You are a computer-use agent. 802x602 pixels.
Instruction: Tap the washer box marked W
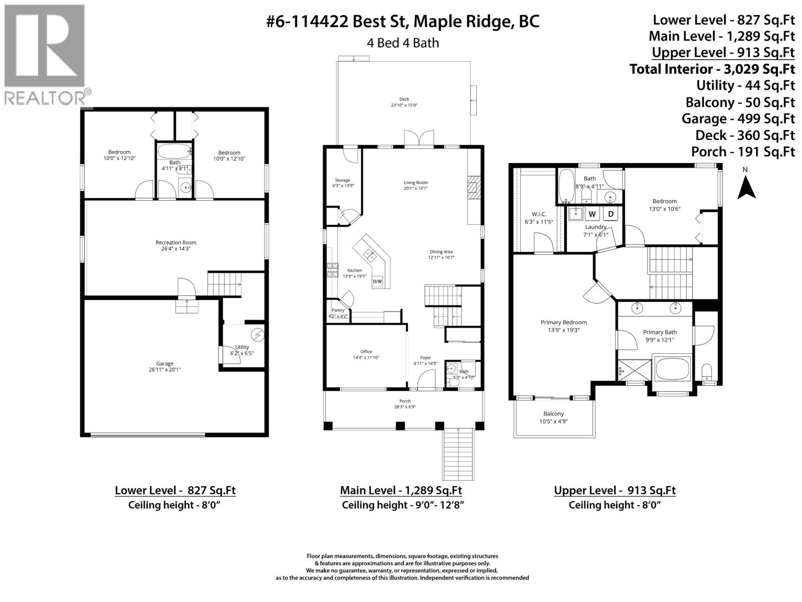point(592,214)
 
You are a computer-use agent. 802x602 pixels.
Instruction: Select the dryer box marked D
point(611,214)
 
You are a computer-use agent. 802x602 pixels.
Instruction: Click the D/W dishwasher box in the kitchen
point(377,281)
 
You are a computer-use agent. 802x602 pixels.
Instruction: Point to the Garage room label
point(164,364)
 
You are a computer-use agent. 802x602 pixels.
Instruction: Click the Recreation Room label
point(175,243)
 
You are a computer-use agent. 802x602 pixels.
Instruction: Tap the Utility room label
point(242,347)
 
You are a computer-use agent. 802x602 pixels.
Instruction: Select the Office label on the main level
point(366,352)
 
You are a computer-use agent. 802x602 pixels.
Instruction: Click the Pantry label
point(338,311)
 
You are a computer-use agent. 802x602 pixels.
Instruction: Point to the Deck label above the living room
point(404,99)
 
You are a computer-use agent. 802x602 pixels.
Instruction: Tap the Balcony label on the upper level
point(553,414)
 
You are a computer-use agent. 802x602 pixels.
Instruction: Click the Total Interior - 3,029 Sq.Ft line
point(712,69)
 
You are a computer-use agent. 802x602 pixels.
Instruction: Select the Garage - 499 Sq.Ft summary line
point(738,119)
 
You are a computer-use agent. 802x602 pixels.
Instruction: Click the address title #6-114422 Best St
point(403,22)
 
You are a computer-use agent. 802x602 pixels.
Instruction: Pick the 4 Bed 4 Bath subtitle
point(403,43)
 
